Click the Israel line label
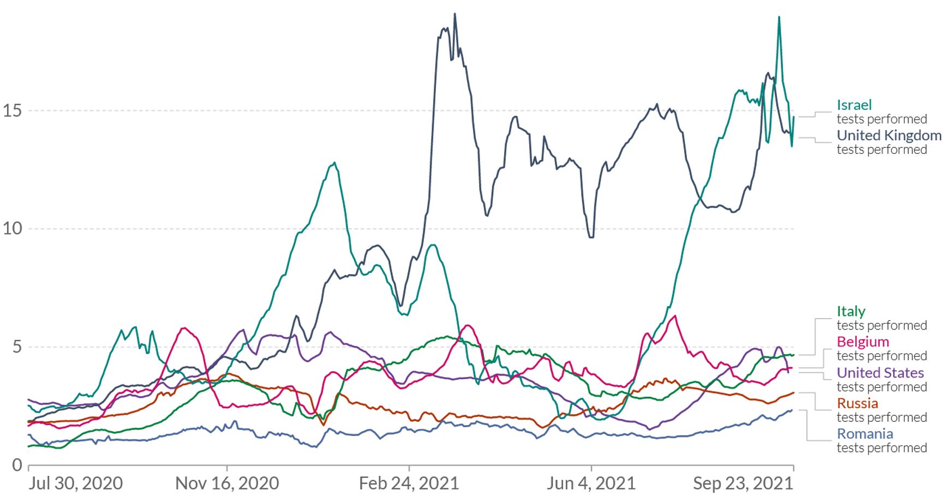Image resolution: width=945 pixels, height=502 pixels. (854, 105)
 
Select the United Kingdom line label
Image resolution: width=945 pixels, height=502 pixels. (888, 135)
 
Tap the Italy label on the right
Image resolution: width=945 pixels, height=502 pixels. (851, 311)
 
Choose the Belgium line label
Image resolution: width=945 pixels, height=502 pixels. (863, 342)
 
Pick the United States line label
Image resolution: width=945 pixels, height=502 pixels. (880, 373)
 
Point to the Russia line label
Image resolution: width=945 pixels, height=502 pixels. (857, 403)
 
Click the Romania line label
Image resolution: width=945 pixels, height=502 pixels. (865, 434)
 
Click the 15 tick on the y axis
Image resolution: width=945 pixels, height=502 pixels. (12, 111)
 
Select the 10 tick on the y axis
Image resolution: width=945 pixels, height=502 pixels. (12, 229)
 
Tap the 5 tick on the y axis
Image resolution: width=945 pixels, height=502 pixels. (17, 347)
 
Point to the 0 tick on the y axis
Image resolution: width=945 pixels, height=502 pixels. (17, 465)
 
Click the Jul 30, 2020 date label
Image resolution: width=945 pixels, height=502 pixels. (75, 483)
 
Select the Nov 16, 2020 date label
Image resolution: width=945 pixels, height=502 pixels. (227, 483)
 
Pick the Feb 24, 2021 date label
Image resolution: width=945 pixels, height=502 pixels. (409, 483)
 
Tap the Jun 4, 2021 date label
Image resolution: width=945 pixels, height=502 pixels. (591, 483)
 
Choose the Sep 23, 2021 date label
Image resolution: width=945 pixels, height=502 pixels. (743, 483)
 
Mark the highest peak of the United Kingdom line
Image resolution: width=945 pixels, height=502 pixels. (454, 14)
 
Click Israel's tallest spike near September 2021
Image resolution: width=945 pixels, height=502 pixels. (779, 17)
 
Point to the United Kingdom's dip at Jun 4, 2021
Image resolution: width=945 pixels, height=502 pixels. (591, 237)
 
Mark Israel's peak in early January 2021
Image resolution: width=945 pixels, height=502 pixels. (334, 163)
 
